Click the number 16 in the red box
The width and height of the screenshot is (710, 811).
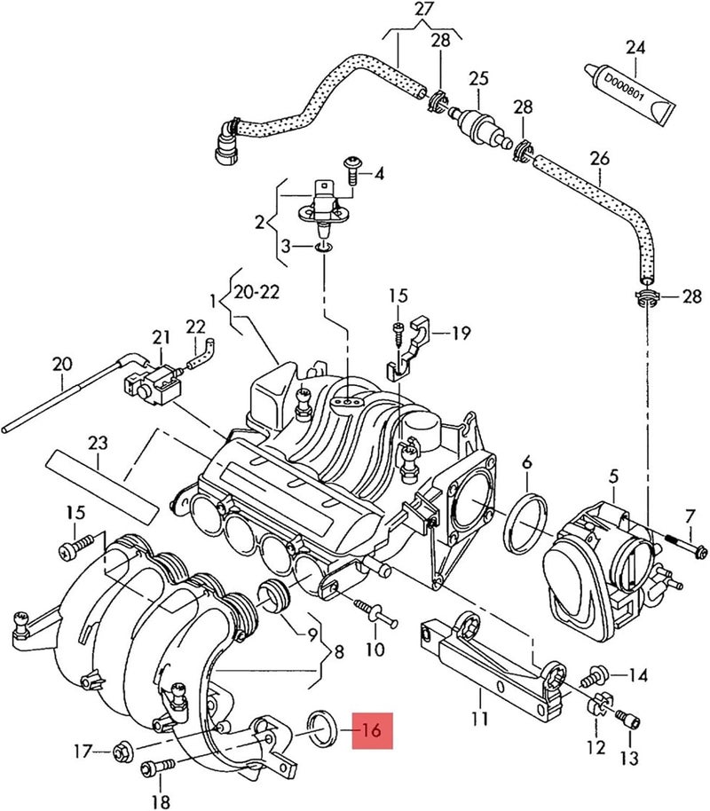coord(371,731)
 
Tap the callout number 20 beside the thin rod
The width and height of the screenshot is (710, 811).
coord(61,363)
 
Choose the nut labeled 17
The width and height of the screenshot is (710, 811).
coord(122,754)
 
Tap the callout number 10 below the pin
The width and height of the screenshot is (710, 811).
coord(375,650)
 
